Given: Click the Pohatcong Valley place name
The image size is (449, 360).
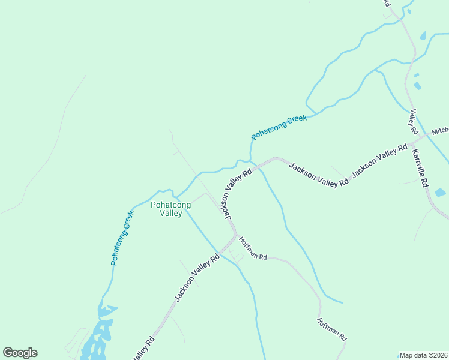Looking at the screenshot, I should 170,209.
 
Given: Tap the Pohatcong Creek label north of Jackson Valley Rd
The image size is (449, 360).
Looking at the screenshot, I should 279,127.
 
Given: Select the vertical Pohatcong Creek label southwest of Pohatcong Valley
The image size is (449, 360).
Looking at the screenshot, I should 122,238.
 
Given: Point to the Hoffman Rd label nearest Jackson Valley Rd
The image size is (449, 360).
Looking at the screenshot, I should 252,248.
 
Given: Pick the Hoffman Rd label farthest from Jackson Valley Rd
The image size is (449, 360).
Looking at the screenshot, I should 332,329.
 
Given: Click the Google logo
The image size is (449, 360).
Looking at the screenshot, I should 20,353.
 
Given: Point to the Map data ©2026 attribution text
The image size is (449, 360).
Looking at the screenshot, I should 423,355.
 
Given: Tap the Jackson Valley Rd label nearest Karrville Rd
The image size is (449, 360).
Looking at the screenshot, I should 379,161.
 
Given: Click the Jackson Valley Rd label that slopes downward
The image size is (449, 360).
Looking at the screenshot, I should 318,174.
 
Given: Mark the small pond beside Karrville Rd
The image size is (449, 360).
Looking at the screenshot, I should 440,193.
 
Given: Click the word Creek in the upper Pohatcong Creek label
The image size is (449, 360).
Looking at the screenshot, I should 297,120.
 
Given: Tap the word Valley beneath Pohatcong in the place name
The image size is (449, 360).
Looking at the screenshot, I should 170,213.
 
